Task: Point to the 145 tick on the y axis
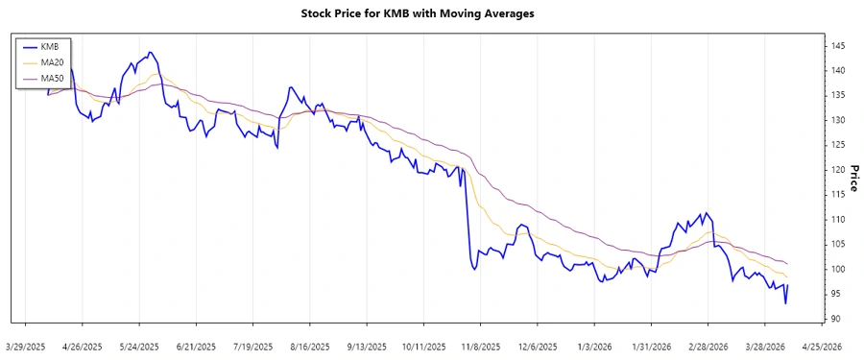pyautogui.click(x=838, y=46)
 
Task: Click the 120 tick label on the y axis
pyautogui.click(x=838, y=170)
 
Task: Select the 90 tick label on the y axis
pyautogui.click(x=836, y=319)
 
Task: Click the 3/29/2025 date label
pyautogui.click(x=26, y=345)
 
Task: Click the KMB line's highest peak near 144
pyautogui.click(x=151, y=52)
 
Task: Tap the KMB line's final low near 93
pyautogui.click(x=785, y=304)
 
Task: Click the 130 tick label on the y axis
pyautogui.click(x=838, y=120)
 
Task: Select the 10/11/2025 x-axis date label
pyautogui.click(x=422, y=345)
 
